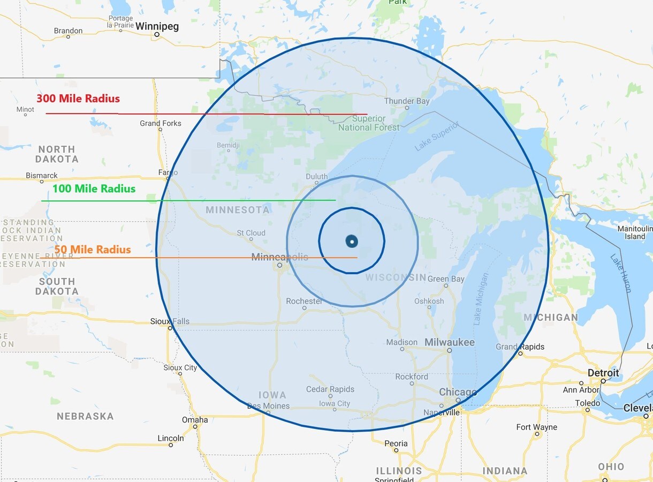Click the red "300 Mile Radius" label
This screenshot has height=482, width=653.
coord(78,99)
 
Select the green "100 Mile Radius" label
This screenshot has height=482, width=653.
coord(94,189)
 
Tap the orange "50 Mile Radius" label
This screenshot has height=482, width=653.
coord(93,250)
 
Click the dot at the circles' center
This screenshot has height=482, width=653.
coord(352,242)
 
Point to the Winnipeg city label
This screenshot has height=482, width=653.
coord(157,26)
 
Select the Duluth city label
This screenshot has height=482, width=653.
coord(316,177)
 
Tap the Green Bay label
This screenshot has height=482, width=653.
coord(446,279)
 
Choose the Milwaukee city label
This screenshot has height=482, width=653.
coord(450,342)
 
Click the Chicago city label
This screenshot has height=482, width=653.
coord(458,393)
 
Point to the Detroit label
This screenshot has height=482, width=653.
coord(603,373)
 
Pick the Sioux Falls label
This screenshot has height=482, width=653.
coord(170,322)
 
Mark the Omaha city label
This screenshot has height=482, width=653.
coord(195,420)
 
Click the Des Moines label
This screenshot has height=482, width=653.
coord(268,406)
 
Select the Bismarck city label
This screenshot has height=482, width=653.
coord(42,176)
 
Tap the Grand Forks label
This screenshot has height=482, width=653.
coord(161,124)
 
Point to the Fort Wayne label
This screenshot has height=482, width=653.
coord(536,427)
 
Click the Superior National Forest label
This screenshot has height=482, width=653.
coord(369,123)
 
